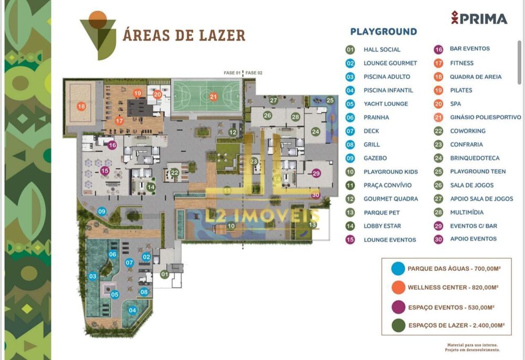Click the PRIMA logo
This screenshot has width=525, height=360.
[x=479, y=18]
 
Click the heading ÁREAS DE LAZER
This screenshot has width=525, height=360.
[x=184, y=35]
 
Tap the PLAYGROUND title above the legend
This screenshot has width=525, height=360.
[x=383, y=31]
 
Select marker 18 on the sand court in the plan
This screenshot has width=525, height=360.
[x=81, y=107]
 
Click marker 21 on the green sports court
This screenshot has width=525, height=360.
[x=213, y=96]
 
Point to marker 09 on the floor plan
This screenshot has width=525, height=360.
[x=102, y=211]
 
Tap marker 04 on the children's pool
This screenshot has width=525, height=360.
[x=132, y=310]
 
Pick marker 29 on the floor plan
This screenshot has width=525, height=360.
[x=316, y=173]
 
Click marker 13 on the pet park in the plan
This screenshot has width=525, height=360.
[x=313, y=225]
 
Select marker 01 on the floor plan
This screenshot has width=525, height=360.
[x=165, y=274]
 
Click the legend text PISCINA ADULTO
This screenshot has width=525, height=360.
[x=387, y=77]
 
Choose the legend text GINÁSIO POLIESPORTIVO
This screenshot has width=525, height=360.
[x=485, y=118]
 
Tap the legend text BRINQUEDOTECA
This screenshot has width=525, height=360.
[x=475, y=158]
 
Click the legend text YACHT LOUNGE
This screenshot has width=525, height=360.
[x=385, y=104]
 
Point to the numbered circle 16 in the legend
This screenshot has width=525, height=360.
[x=438, y=49]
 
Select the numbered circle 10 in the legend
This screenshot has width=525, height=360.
[x=350, y=172]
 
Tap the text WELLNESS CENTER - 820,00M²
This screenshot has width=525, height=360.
[x=453, y=288]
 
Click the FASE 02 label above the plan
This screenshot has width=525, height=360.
[x=254, y=73]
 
